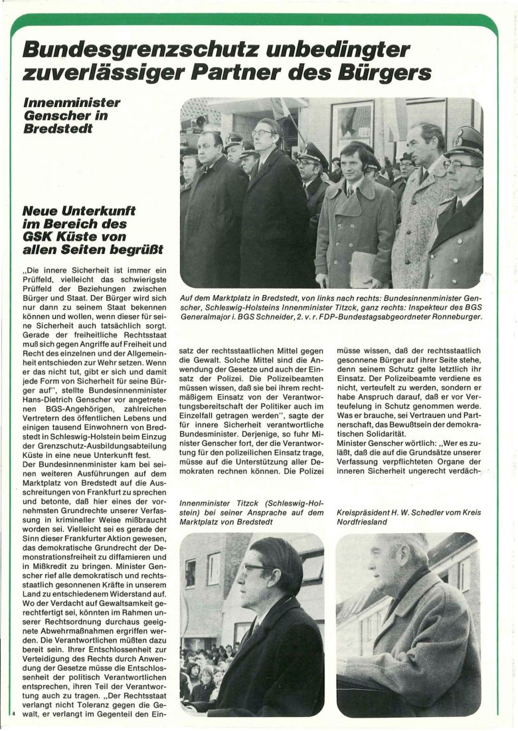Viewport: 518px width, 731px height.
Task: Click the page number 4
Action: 13,712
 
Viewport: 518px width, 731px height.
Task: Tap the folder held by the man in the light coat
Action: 363,268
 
